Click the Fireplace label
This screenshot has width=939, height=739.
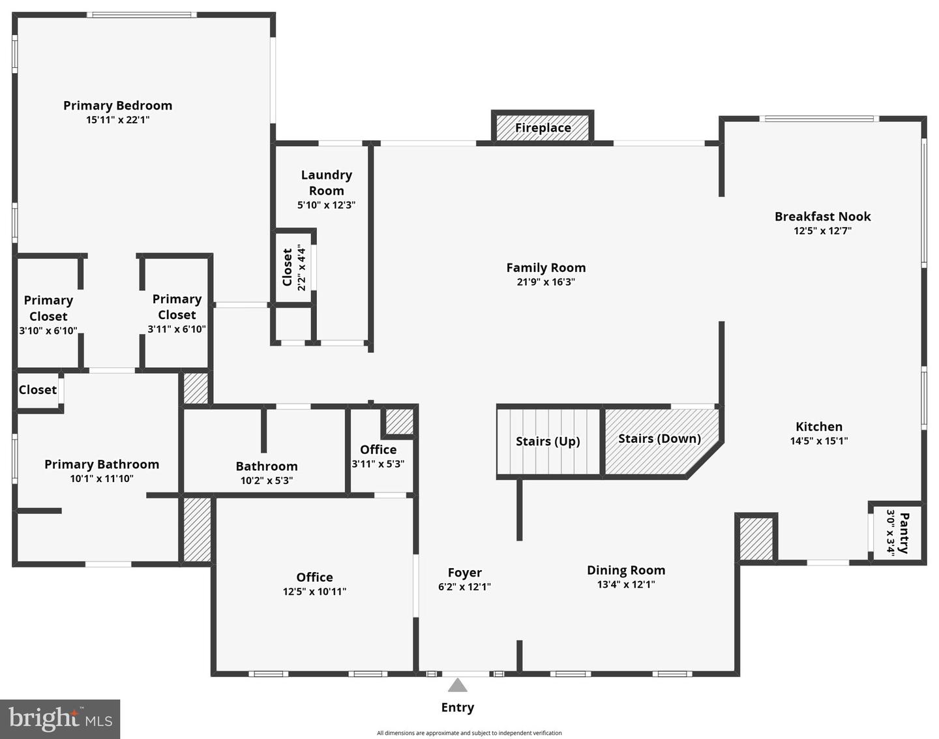[x=543, y=128]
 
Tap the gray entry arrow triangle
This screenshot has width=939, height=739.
[x=458, y=686]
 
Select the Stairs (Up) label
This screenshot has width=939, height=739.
[x=548, y=442]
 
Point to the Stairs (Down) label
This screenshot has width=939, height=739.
[x=659, y=438]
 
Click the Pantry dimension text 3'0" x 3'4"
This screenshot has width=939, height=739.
[x=891, y=532]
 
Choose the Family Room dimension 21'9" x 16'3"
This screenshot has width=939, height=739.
[x=546, y=282]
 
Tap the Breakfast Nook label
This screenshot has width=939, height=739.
[x=822, y=217]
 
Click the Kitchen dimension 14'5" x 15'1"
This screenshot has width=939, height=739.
[x=819, y=441]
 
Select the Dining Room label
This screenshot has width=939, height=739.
[x=626, y=570]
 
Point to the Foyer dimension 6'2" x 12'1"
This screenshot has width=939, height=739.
[x=464, y=587]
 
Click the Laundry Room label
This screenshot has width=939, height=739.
[x=326, y=183]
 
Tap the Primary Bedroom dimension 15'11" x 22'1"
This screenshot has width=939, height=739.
[x=118, y=120]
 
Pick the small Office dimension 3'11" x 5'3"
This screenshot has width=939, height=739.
[x=378, y=464]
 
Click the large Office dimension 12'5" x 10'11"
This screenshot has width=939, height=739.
[x=314, y=592]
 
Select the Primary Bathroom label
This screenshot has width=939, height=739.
[x=102, y=464]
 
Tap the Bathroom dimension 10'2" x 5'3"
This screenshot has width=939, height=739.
[x=267, y=481]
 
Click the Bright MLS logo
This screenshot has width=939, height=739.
[x=60, y=719]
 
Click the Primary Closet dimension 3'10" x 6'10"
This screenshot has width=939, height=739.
[x=48, y=331]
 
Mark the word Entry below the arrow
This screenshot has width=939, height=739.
[x=458, y=708]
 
